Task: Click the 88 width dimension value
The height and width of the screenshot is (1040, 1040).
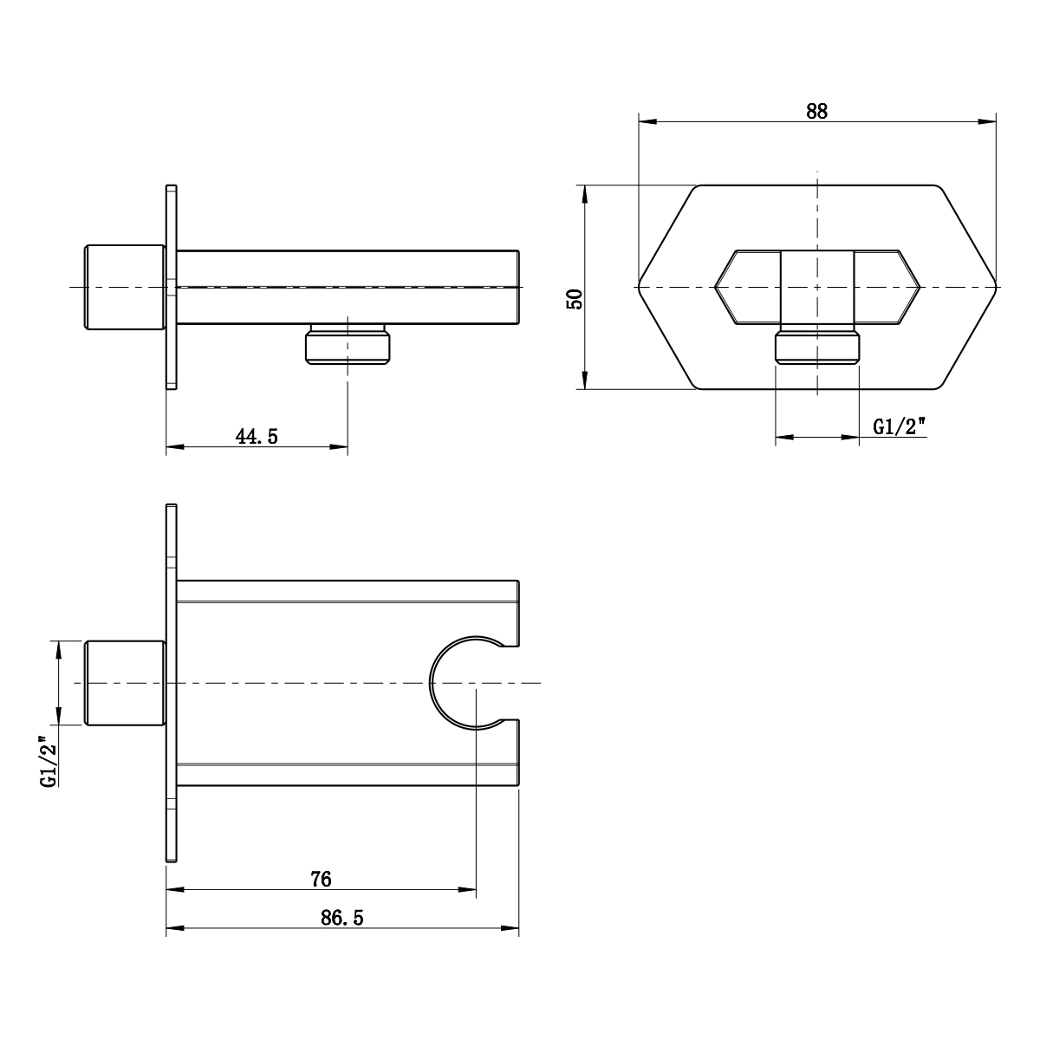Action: [x=816, y=110]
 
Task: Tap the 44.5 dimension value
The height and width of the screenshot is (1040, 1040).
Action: [x=257, y=436]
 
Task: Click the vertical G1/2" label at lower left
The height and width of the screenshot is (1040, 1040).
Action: [x=49, y=760]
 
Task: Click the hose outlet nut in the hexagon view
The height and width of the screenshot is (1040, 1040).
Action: [x=817, y=348]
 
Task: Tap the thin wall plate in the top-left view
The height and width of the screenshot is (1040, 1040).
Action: [x=172, y=287]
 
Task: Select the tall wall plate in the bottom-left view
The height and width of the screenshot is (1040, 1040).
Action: [x=172, y=683]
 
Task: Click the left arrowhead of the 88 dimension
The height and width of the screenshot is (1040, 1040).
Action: [x=647, y=122]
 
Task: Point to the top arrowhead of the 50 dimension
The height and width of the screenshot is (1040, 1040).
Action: [x=585, y=193]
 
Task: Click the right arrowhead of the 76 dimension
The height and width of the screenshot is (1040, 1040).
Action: [x=468, y=889]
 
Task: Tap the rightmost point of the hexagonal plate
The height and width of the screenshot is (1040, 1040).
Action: [x=998, y=287]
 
